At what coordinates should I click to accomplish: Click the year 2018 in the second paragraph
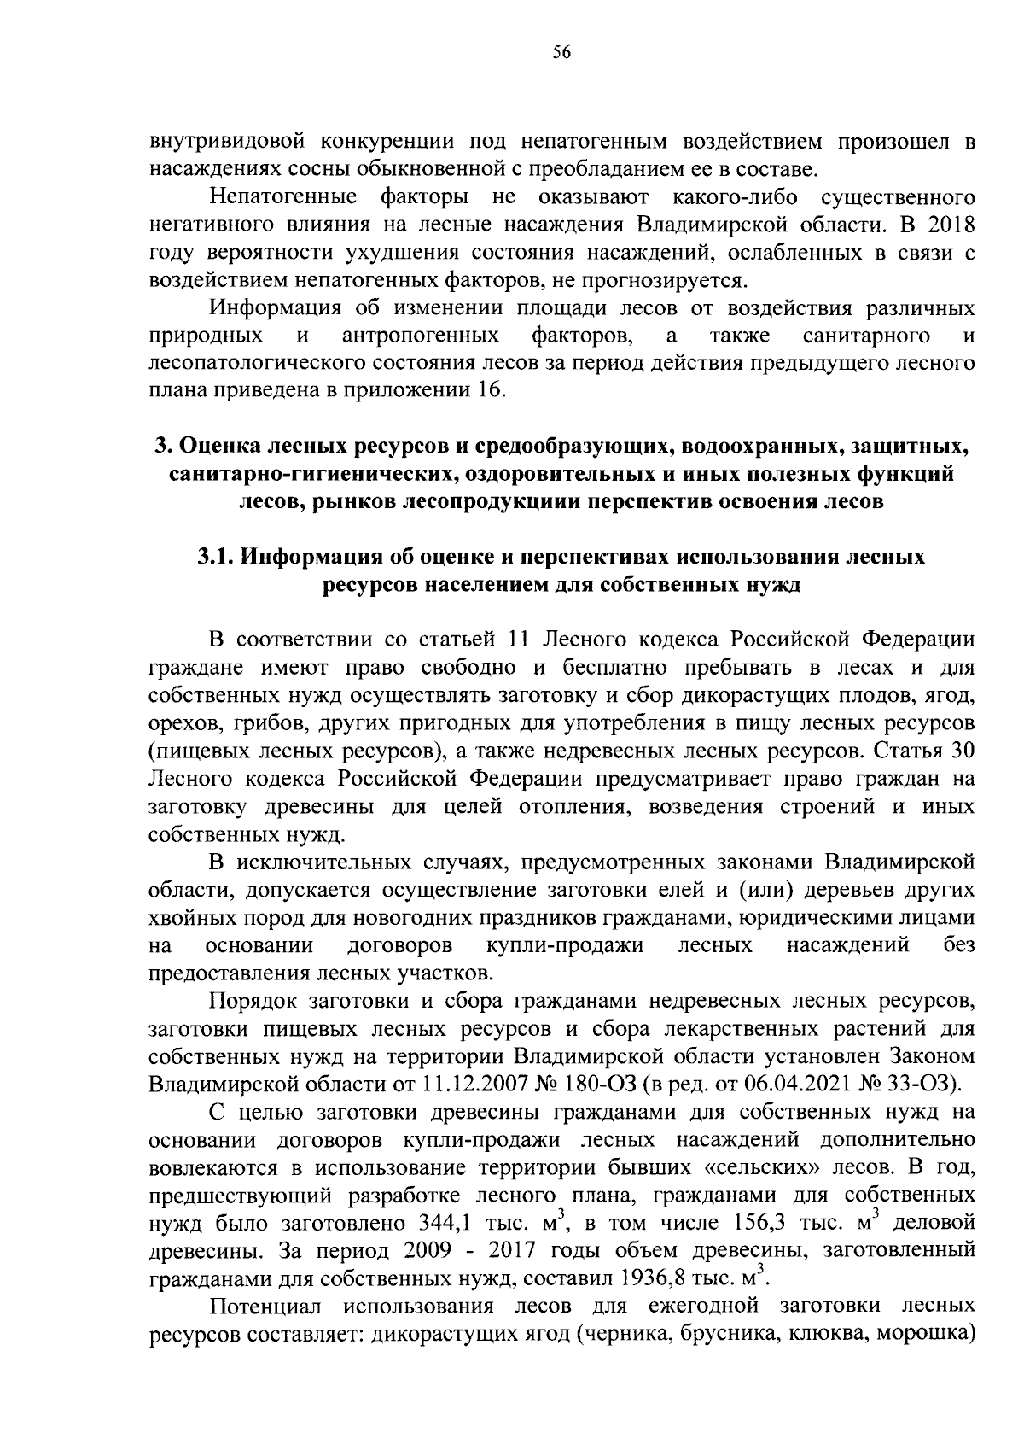pyautogui.click(x=948, y=225)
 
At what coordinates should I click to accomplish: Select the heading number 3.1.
pyautogui.click(x=216, y=558)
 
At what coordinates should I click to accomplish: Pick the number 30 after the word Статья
pyautogui.click(x=962, y=751)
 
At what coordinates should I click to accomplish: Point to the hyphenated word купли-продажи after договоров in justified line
pyautogui.click(x=563, y=945)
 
